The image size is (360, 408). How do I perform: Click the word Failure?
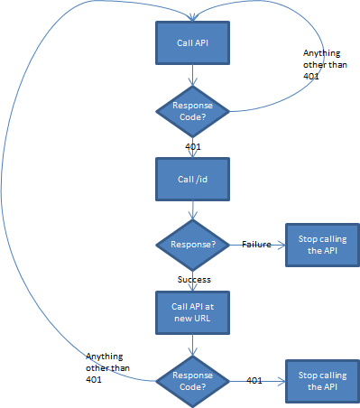257,245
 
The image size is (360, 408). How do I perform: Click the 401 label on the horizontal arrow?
254,380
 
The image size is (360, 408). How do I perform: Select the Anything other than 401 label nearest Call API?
321,66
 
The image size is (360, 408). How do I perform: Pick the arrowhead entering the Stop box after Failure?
281,246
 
